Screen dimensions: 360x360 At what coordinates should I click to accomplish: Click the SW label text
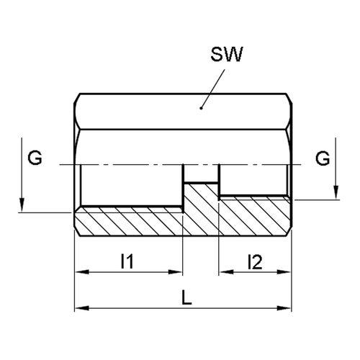point(227,54)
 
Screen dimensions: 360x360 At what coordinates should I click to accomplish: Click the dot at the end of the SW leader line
point(201,108)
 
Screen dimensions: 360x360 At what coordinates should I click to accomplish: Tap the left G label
point(35,158)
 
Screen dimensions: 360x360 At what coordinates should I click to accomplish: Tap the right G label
point(323,158)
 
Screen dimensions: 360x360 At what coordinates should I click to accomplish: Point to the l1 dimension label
point(127,261)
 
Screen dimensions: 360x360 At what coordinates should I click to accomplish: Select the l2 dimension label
point(255,261)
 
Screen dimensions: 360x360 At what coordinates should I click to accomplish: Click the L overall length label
point(186,297)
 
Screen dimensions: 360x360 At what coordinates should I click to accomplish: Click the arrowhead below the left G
point(22,205)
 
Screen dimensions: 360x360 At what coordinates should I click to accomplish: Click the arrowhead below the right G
point(336,192)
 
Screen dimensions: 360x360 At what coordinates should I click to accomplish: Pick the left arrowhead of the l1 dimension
point(81,272)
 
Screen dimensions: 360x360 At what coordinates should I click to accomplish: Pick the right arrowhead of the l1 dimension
point(176,272)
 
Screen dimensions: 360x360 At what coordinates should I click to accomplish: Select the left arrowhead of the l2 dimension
point(226,272)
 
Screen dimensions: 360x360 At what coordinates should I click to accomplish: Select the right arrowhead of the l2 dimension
point(284,272)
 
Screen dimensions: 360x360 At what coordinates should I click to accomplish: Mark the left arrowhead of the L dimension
point(81,308)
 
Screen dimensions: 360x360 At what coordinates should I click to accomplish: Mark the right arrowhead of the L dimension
point(284,308)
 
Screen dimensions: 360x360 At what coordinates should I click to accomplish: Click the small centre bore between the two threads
point(201,174)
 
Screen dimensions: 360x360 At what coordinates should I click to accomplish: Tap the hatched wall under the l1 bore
point(129,222)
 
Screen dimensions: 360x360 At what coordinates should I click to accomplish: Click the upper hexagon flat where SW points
point(183,112)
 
